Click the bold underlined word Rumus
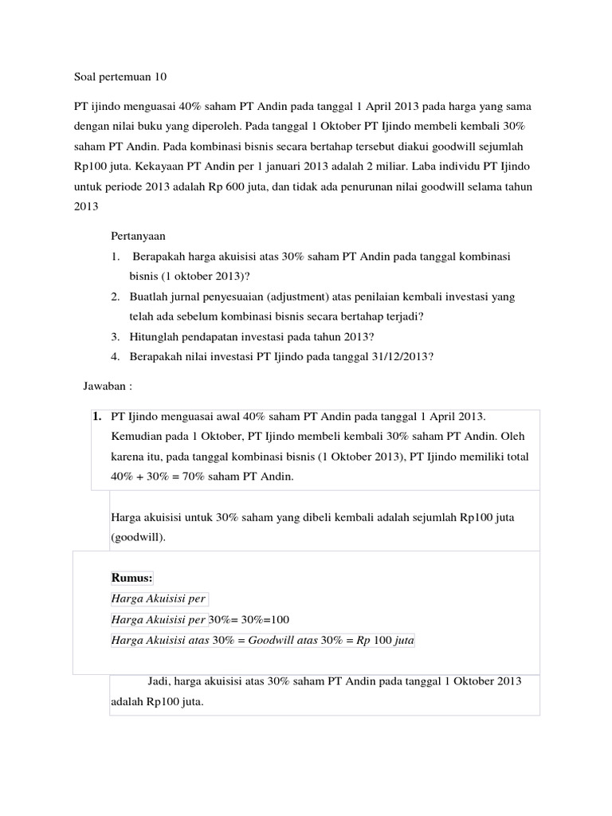click(x=131, y=578)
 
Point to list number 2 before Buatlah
click(x=116, y=296)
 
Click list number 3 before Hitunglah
click(x=116, y=336)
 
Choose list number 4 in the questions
click(x=116, y=356)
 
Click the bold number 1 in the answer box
click(x=97, y=417)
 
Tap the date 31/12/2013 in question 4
click(x=399, y=356)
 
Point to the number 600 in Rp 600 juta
click(x=332, y=186)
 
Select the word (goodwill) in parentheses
click(x=139, y=538)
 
